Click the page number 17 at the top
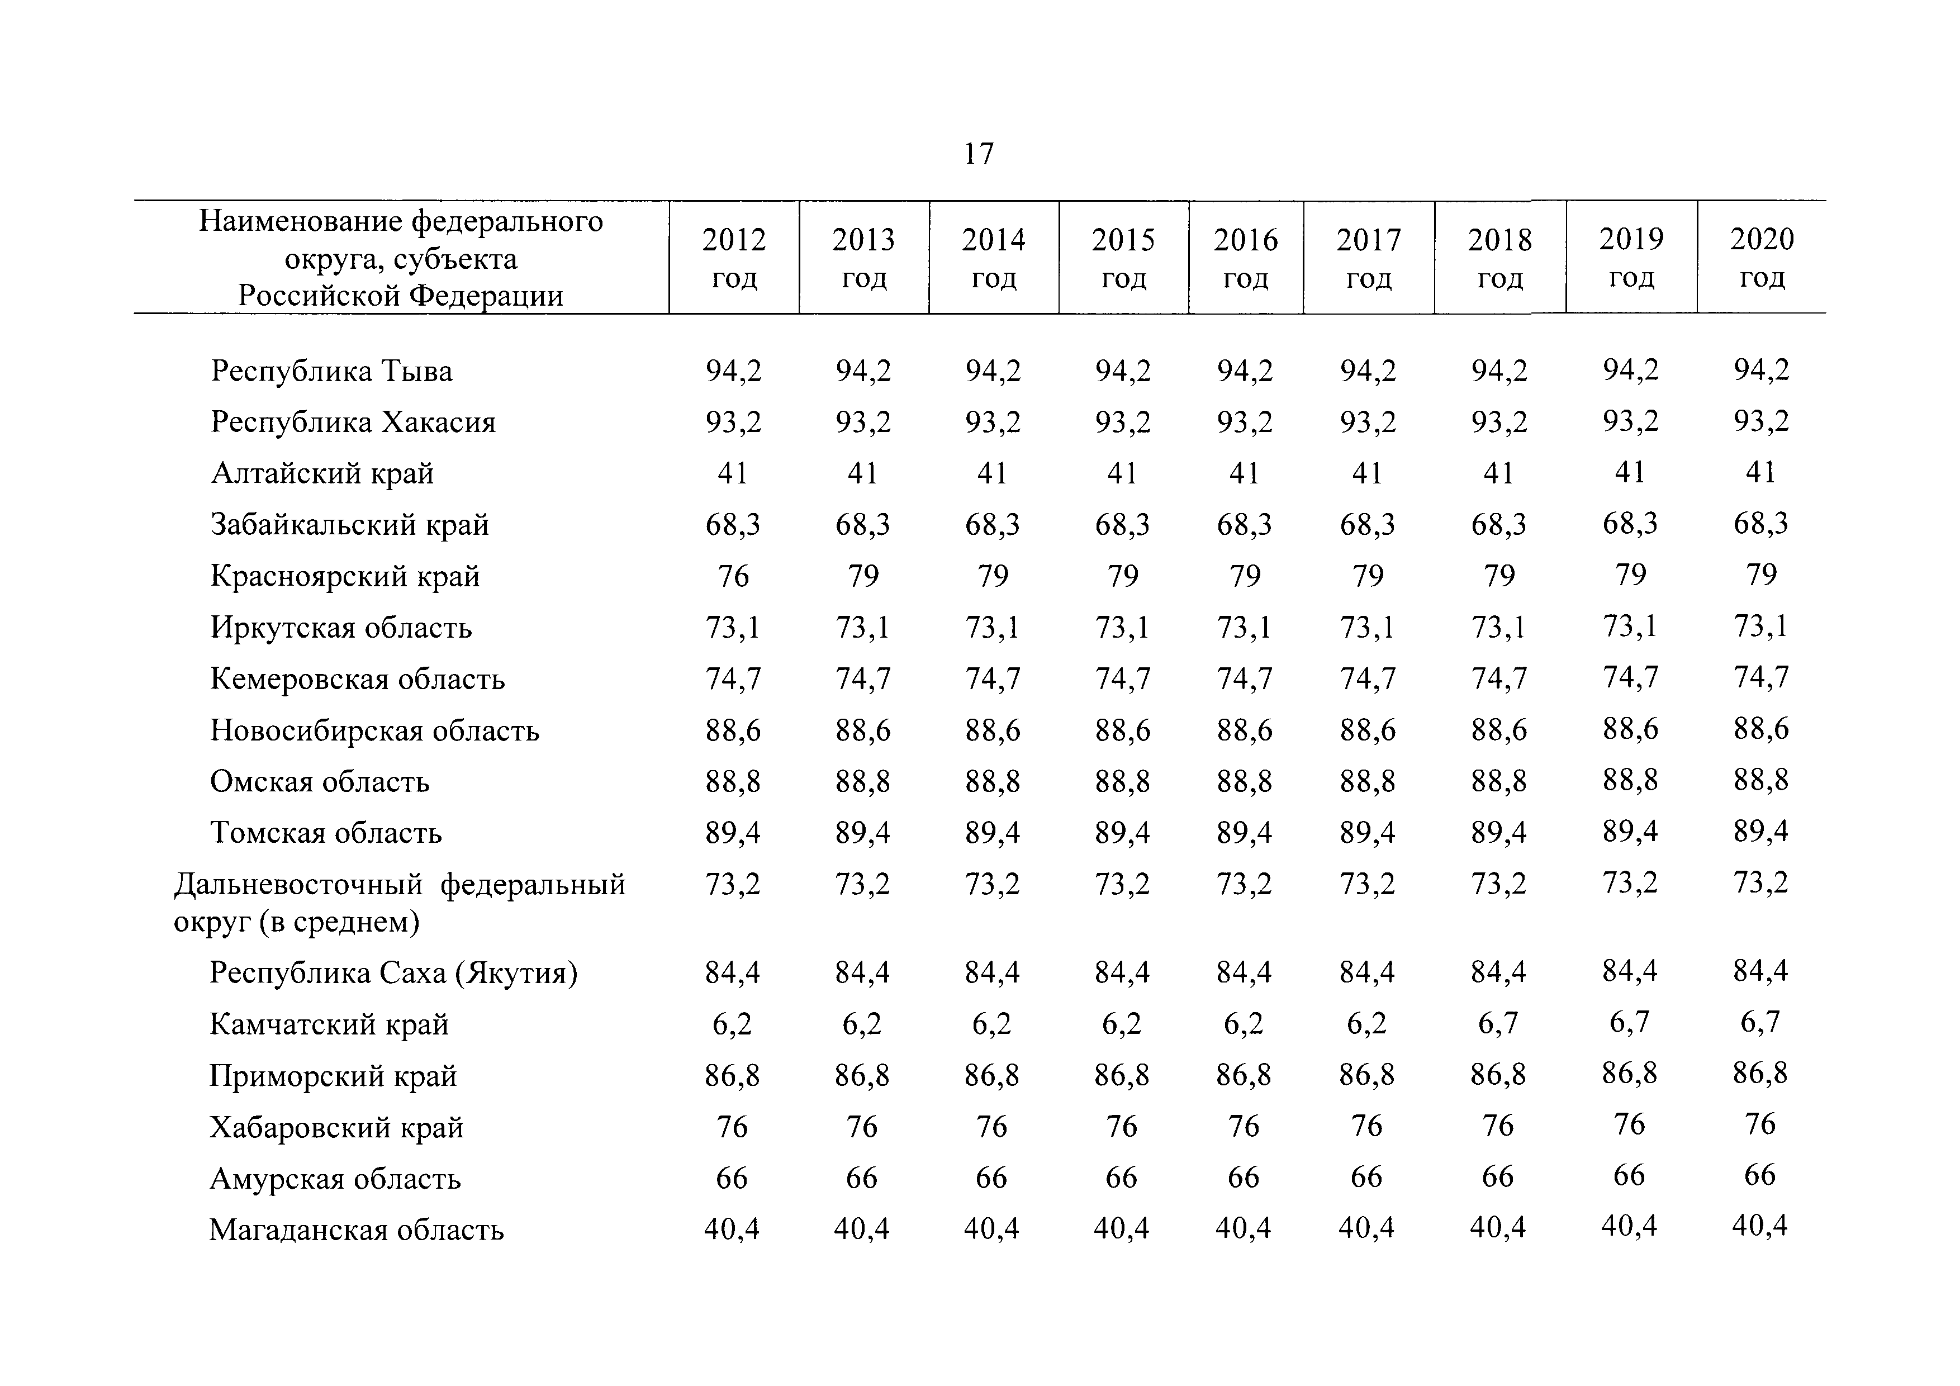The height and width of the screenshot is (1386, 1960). [x=979, y=154]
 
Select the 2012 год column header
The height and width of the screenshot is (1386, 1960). [x=734, y=258]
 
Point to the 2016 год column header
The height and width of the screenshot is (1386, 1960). [x=1246, y=258]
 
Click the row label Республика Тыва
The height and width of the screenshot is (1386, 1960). [x=331, y=371]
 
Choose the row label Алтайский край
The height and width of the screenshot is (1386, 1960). [x=322, y=474]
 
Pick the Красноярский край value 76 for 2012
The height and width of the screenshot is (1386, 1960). [x=733, y=576]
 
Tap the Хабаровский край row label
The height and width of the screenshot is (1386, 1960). [x=336, y=1127]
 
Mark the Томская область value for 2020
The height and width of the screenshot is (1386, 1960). [x=1760, y=831]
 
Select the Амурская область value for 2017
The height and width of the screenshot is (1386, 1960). [x=1366, y=1178]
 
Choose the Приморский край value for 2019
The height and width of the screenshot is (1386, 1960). [x=1630, y=1074]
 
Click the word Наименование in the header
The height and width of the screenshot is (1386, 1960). [x=301, y=222]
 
